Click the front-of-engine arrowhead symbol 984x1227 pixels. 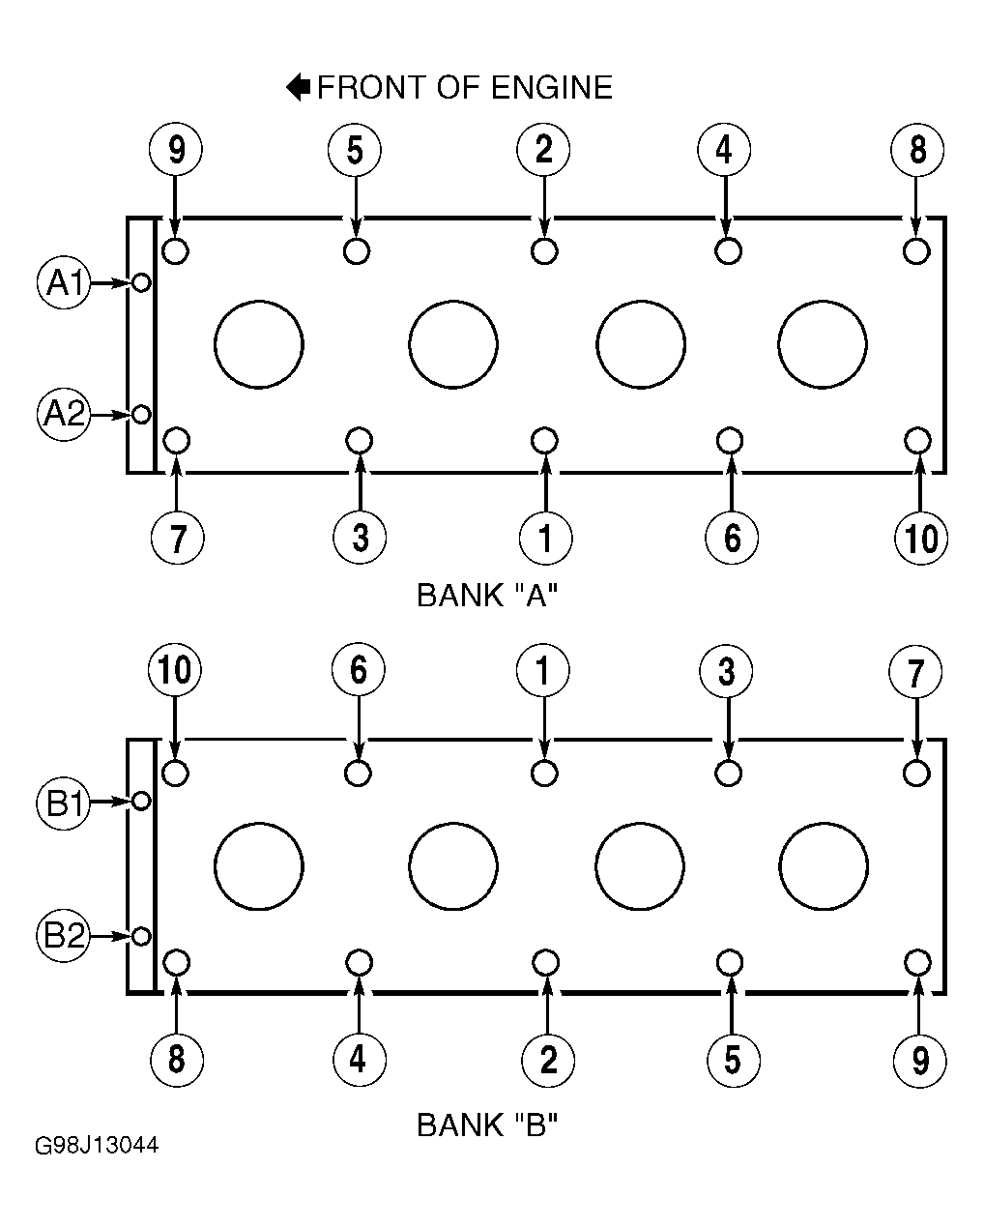click(x=298, y=87)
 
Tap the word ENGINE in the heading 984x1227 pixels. click(x=552, y=88)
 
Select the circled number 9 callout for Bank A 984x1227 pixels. click(x=176, y=149)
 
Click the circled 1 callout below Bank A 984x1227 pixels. click(x=545, y=538)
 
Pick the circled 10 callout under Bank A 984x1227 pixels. click(x=921, y=538)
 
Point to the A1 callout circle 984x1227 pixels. click(x=64, y=282)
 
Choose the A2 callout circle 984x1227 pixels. click(x=64, y=414)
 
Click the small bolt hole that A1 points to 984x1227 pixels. click(x=141, y=282)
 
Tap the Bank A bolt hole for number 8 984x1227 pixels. click(x=916, y=250)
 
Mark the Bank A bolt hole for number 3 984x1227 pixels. click(x=360, y=440)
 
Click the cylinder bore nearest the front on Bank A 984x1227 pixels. click(x=259, y=344)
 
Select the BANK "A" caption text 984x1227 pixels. click(x=487, y=596)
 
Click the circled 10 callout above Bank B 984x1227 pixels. click(x=174, y=670)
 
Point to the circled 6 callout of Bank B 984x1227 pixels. click(x=358, y=670)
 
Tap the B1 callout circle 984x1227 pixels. click(x=63, y=803)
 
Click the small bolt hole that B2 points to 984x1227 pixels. click(x=141, y=936)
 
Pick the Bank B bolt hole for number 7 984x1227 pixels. click(x=916, y=774)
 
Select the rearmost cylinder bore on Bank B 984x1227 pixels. click(x=824, y=866)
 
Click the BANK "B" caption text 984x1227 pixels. click(x=487, y=1125)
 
